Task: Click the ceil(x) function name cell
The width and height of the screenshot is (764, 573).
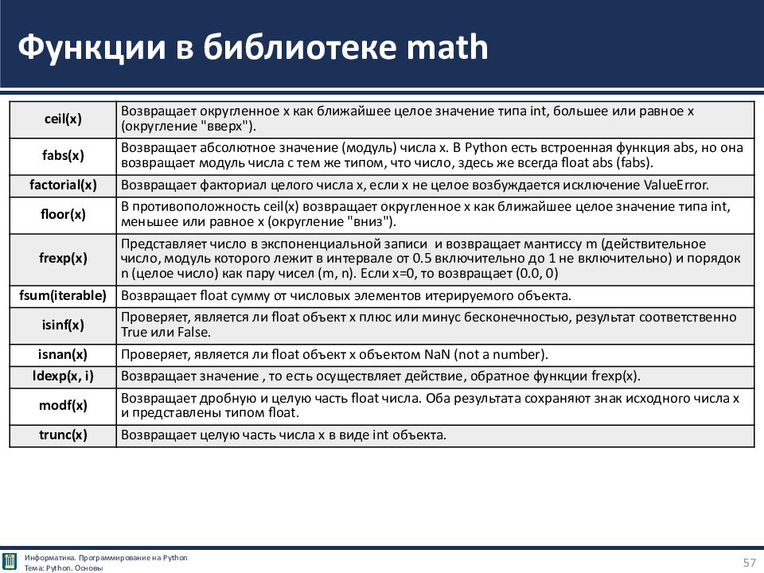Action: (x=62, y=119)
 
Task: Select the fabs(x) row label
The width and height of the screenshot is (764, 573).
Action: (x=62, y=155)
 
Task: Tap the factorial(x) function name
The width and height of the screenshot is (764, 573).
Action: (x=62, y=185)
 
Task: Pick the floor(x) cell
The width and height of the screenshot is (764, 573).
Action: (x=62, y=215)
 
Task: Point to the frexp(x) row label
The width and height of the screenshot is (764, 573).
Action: (x=62, y=259)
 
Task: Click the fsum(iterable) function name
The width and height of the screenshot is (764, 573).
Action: (x=62, y=296)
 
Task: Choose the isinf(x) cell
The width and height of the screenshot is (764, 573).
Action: (x=62, y=325)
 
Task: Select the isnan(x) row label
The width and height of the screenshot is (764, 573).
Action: (x=62, y=355)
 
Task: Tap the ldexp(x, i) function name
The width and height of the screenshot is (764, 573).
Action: (x=62, y=376)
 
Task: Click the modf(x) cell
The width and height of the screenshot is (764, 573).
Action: (x=62, y=406)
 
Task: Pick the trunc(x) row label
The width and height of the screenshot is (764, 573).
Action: (x=62, y=435)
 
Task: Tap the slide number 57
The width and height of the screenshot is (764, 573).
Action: (x=749, y=563)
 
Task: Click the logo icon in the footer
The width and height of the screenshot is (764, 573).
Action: (x=10, y=562)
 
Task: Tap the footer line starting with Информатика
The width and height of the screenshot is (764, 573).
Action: (x=106, y=557)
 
